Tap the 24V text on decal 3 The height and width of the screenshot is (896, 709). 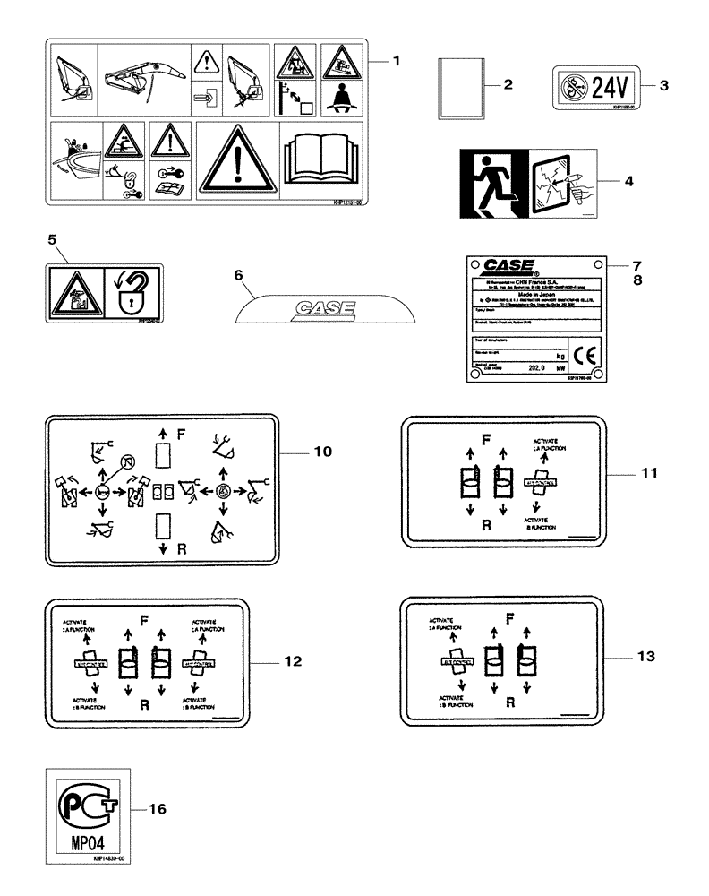click(609, 86)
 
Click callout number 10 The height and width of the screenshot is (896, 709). click(321, 452)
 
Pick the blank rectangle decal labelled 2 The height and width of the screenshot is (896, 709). click(460, 87)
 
